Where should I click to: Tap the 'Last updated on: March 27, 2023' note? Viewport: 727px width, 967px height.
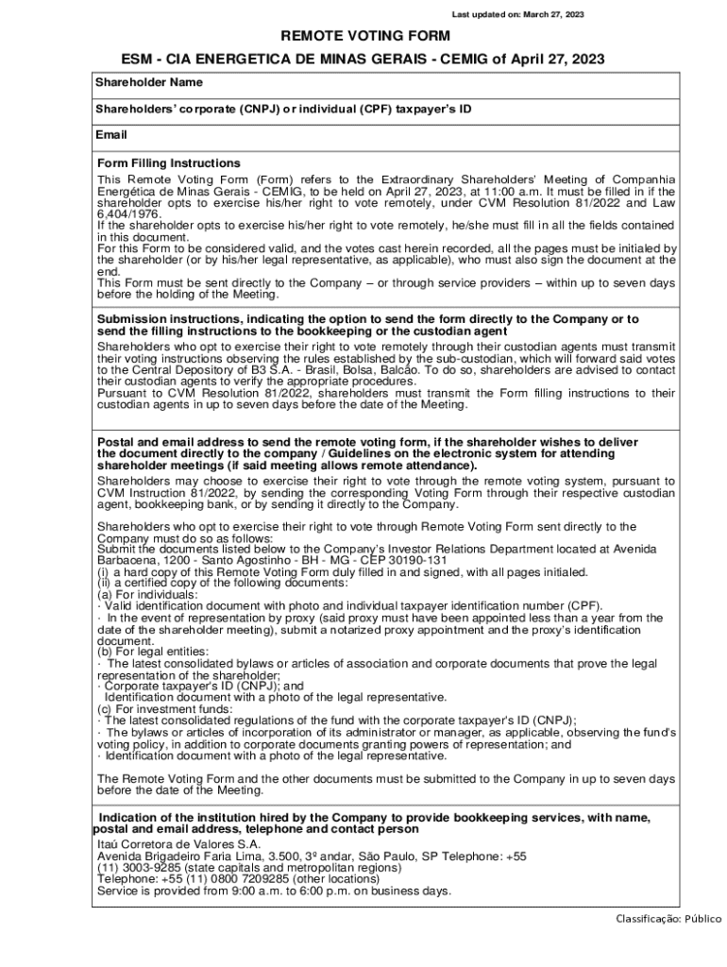pyautogui.click(x=517, y=14)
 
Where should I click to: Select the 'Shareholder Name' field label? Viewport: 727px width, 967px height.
pyautogui.click(x=148, y=83)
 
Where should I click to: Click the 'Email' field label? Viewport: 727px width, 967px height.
pyautogui.click(x=110, y=135)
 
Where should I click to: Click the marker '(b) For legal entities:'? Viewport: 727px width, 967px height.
pyautogui.click(x=153, y=652)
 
